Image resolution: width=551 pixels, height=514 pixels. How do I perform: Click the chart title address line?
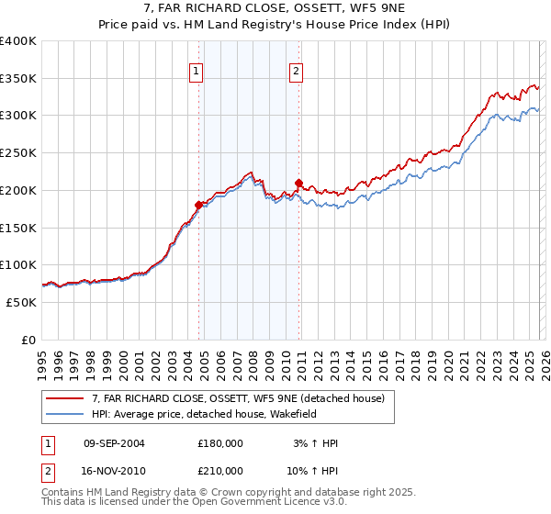tap(275, 8)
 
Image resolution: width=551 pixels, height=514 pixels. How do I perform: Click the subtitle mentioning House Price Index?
tap(275, 25)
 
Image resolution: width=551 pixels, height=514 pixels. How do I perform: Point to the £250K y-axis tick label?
tap(18, 153)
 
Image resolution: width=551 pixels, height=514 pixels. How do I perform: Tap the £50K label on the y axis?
tap(21, 302)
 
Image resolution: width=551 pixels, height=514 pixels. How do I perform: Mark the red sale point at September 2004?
tap(198, 205)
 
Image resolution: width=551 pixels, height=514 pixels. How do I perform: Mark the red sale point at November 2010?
tap(299, 183)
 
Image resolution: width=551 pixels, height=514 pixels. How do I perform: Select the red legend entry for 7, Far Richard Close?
tap(243, 398)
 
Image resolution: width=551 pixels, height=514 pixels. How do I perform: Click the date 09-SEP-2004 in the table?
tap(114, 443)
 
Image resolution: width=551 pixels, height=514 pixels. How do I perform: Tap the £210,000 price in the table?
tap(220, 470)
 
